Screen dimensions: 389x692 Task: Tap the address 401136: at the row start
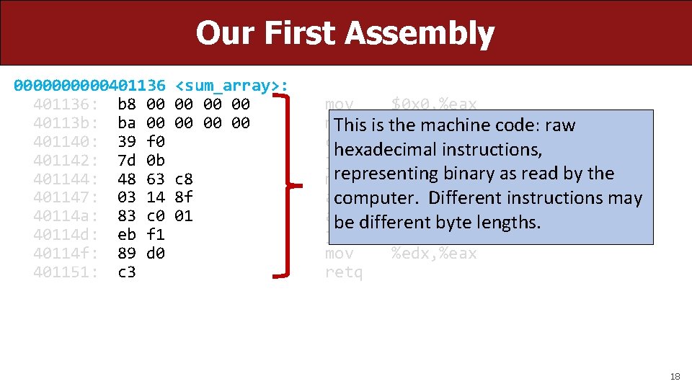(66, 104)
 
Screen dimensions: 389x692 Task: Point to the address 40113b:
(66, 123)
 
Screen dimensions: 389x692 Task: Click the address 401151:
(66, 272)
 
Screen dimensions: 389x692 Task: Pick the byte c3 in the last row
(126, 272)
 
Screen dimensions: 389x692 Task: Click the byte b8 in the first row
(126, 104)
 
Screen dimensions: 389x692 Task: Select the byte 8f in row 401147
(184, 197)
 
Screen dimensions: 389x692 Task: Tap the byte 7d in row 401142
(126, 160)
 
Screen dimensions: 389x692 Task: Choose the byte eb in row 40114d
(126, 235)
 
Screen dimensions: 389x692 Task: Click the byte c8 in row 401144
(184, 179)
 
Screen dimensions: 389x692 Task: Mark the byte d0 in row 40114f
(155, 254)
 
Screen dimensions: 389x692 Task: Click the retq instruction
(344, 272)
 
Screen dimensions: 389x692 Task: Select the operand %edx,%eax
(434, 254)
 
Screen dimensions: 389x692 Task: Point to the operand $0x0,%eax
(434, 104)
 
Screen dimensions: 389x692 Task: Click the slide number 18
(675, 376)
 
